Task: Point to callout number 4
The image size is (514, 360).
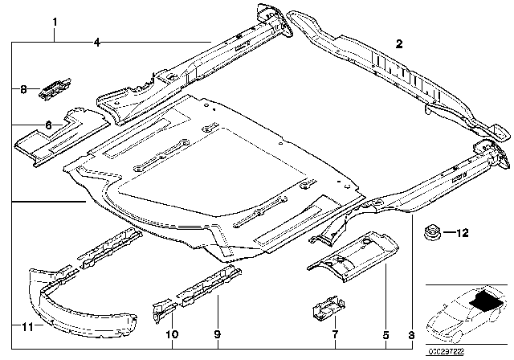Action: (96, 42)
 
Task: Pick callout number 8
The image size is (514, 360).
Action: (23, 90)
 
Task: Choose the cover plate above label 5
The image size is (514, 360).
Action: (353, 257)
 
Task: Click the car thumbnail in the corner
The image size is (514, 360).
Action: (466, 309)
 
